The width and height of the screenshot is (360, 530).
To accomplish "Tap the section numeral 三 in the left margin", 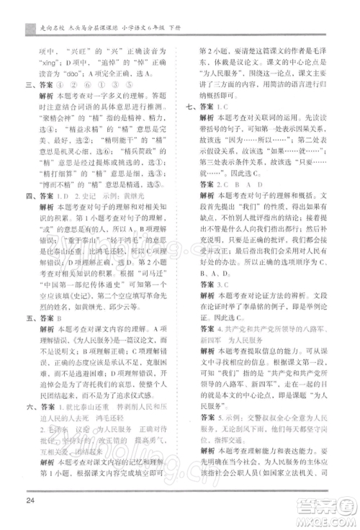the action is (x=28, y=84).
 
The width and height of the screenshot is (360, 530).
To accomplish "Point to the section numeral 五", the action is (x=28, y=334).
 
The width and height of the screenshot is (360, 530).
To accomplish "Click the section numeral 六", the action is (x=28, y=416).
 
